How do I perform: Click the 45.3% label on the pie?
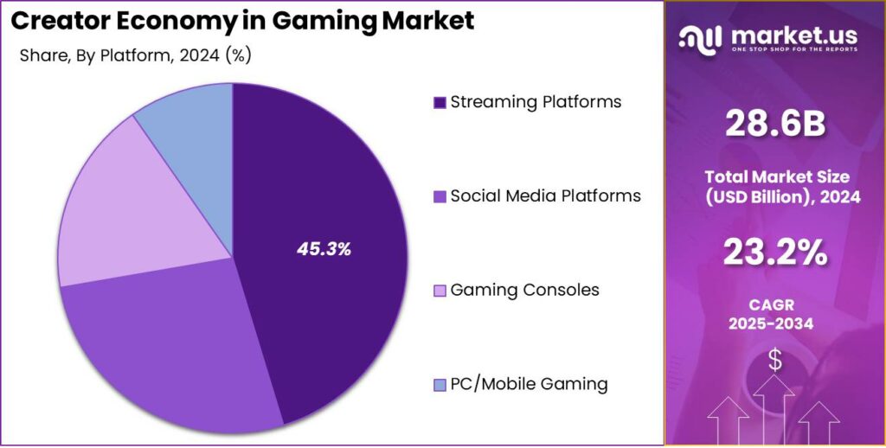(324, 250)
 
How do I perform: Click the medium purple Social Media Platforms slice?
(164, 346)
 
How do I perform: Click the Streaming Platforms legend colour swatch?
(440, 103)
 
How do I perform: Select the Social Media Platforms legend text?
(545, 196)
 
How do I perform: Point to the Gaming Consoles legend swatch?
(440, 291)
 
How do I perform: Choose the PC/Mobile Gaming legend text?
(529, 384)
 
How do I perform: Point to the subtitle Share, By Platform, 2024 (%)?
(135, 55)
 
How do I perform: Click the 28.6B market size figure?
(774, 125)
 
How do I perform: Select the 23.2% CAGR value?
(774, 253)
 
